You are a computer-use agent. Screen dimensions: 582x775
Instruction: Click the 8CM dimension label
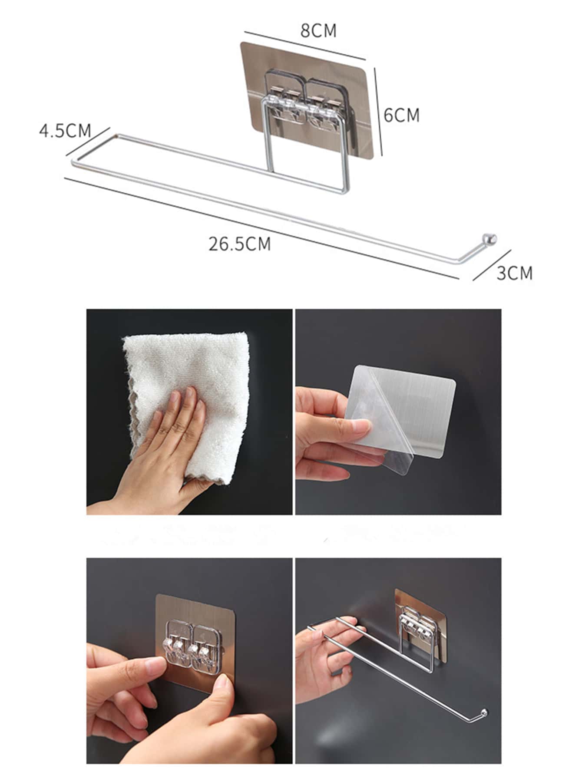[318, 31]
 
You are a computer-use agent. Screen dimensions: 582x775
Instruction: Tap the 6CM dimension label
[402, 115]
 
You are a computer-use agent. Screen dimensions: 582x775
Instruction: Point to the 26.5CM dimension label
[240, 244]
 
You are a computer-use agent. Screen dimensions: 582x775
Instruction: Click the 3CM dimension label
[515, 273]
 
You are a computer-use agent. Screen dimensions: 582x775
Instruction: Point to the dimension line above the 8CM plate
[305, 46]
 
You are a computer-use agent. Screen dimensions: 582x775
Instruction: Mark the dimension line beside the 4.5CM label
[87, 142]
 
